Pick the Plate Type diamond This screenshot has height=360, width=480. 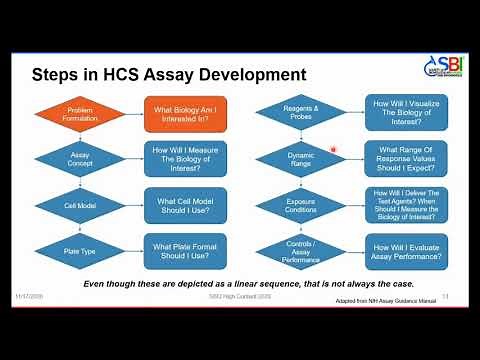click(79, 251)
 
